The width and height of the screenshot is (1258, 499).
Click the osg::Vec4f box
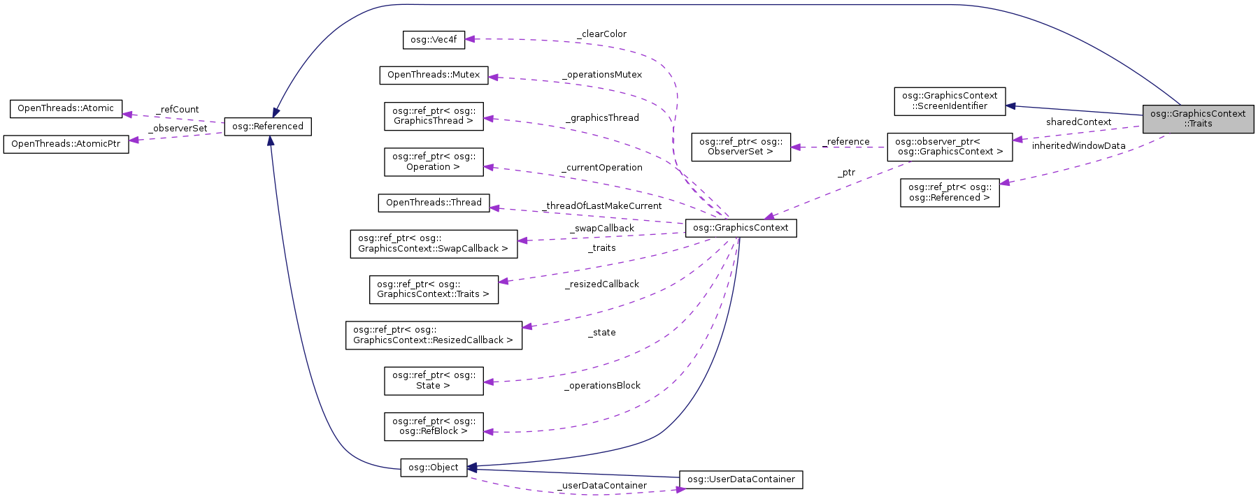point(434,40)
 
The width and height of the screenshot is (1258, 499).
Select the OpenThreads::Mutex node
point(434,75)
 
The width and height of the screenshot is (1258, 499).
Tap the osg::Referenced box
point(268,126)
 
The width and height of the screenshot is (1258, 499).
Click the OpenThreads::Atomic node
point(66,108)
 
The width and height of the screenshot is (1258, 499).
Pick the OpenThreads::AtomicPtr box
point(66,144)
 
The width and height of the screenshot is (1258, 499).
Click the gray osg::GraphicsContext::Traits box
point(1198,119)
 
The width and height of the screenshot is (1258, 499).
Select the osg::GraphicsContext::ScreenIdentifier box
point(950,101)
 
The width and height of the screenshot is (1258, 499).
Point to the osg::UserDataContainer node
point(741,479)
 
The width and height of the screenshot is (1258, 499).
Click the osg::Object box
point(434,468)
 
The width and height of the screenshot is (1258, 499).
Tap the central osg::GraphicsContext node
point(741,228)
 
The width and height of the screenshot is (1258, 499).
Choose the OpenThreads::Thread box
point(434,203)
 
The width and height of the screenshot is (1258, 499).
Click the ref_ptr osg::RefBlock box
point(434,426)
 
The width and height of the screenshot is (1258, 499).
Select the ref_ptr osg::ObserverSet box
point(741,147)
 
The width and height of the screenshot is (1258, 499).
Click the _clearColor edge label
point(601,34)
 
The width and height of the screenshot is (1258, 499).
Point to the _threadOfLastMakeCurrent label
point(602,206)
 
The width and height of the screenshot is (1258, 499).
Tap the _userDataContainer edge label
point(602,486)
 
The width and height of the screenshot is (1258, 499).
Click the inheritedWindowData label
point(1078,146)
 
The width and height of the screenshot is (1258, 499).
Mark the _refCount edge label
point(178,110)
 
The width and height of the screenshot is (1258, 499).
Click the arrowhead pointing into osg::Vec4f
point(470,39)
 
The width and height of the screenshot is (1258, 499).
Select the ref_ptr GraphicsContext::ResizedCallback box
point(434,335)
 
